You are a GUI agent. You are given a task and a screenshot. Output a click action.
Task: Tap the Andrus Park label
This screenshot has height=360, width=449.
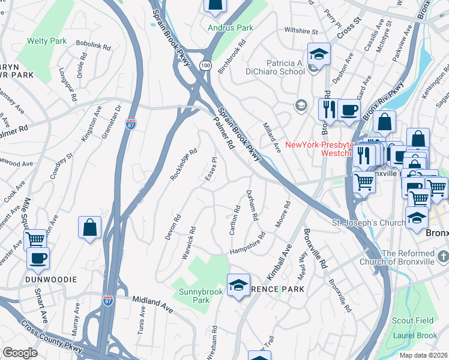coord(231,28)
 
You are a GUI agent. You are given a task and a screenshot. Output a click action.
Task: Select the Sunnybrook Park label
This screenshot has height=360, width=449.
coord(201,296)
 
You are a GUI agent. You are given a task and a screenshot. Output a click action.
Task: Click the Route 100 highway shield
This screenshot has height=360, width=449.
coord(206,64)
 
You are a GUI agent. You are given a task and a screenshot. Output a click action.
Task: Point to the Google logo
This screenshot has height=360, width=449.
coord(20,353)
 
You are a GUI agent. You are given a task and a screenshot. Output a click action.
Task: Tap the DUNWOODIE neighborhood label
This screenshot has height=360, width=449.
coord(51,280)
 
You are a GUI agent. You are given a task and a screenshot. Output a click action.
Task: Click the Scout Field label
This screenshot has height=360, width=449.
coord(413,321)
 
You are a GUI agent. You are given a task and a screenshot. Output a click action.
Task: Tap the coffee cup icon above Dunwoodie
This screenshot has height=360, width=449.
coord(38,258)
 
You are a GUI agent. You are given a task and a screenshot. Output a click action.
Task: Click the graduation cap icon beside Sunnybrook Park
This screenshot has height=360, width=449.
coord(238,284)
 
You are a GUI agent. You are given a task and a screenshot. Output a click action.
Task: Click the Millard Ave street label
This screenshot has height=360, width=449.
coord(272,137)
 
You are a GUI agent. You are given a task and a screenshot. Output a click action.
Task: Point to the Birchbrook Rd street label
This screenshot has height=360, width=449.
coord(232,57)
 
